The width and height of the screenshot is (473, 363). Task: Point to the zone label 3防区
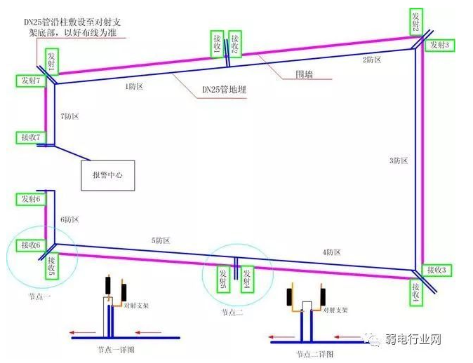[x=398, y=160]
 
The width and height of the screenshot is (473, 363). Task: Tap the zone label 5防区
[x=161, y=240]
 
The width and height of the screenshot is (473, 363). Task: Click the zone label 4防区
[x=331, y=252]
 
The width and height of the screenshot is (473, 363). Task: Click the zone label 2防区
[x=372, y=60]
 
